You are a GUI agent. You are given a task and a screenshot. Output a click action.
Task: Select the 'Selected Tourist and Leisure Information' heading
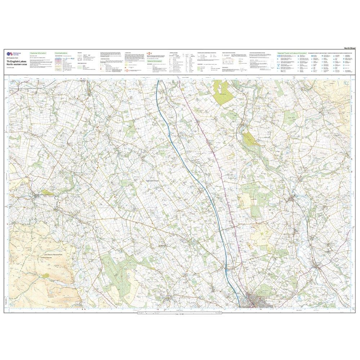292,53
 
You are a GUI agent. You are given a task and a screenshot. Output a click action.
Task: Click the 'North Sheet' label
350,48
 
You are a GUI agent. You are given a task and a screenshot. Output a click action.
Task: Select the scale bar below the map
180,314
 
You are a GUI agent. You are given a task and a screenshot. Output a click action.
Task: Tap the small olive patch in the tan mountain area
45,275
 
